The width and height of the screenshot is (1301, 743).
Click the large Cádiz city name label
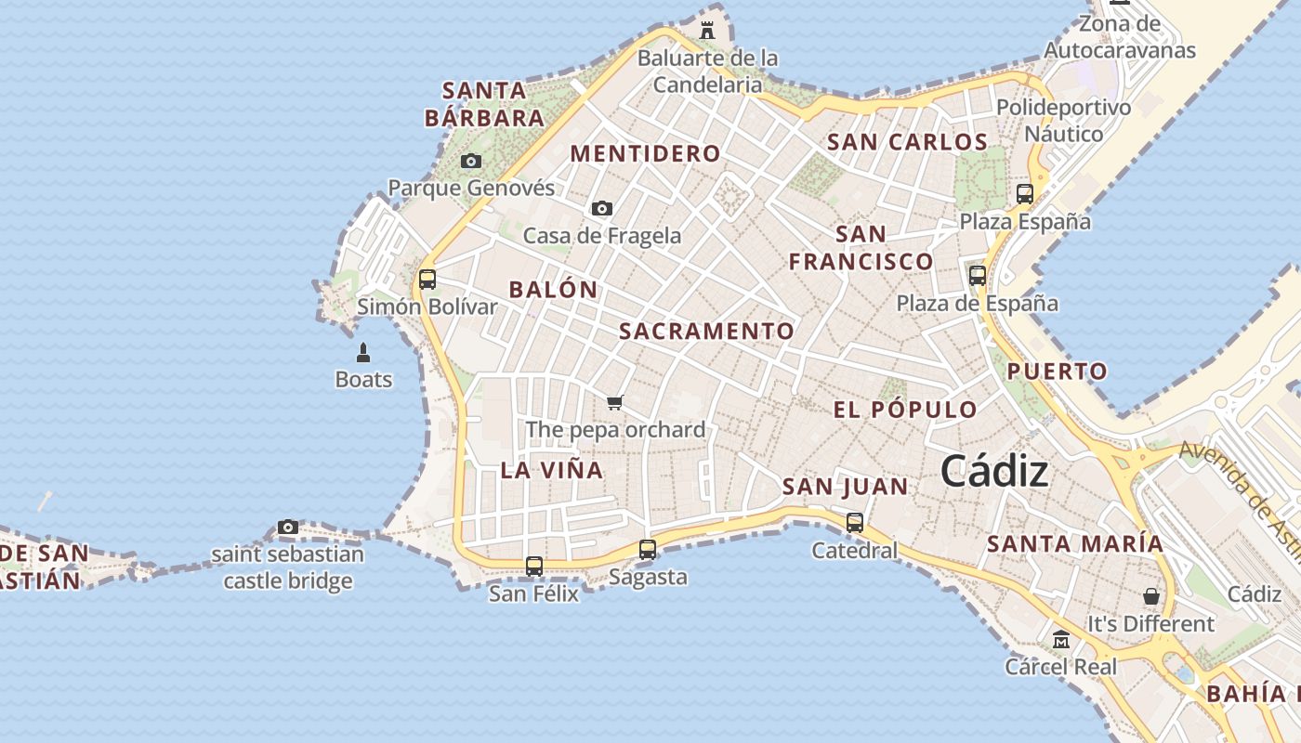[x=994, y=472]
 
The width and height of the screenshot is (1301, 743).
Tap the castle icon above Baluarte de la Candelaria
[x=707, y=30]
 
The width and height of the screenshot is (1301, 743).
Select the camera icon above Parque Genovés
[x=471, y=162]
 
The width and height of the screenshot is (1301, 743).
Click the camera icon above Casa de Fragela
[x=602, y=208]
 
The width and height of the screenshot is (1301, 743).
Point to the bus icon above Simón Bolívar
[x=427, y=279]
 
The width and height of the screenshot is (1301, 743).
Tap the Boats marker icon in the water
[x=363, y=353]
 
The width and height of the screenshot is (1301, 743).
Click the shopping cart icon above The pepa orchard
[x=614, y=402]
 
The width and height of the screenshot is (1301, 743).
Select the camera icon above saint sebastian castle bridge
[x=288, y=528]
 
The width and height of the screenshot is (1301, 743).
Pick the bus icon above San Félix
[x=534, y=566]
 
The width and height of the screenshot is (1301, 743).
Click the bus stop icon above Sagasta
[x=648, y=550]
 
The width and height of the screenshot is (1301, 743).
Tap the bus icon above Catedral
[x=855, y=523]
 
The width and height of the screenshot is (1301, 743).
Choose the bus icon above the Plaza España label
[x=1025, y=194]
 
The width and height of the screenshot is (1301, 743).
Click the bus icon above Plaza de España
[x=978, y=275]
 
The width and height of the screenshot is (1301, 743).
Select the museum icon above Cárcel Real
[x=1061, y=639]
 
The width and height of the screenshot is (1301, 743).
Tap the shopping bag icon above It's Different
[x=1151, y=596]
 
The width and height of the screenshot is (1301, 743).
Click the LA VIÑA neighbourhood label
[x=552, y=470]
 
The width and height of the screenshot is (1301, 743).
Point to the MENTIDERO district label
[x=645, y=153]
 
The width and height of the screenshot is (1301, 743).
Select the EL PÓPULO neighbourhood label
[x=905, y=410]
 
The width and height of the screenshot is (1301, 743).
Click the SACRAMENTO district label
[x=706, y=331]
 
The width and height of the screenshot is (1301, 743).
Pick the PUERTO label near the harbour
[x=1058, y=371]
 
